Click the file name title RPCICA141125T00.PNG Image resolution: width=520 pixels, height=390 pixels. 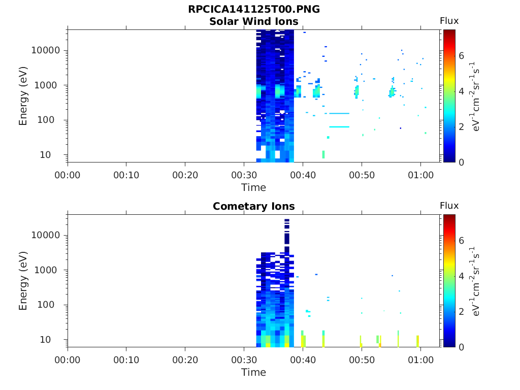pos(254,10)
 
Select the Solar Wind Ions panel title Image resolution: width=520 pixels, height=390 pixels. pos(254,22)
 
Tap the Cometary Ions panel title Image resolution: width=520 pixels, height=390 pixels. pos(254,207)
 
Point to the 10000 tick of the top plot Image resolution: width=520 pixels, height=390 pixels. pos(46,51)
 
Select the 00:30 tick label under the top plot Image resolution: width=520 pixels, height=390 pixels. pos(244,175)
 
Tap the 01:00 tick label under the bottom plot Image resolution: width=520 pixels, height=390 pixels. pos(420,360)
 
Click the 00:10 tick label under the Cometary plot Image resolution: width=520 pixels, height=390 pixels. pos(126,360)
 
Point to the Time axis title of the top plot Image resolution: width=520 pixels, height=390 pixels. pos(254,187)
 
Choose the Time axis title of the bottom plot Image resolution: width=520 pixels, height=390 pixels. pos(254,372)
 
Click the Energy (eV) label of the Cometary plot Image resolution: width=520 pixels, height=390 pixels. pos(23,280)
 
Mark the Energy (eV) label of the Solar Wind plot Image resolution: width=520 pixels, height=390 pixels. pos(23,95)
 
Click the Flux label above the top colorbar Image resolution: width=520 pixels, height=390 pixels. pos(449,21)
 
